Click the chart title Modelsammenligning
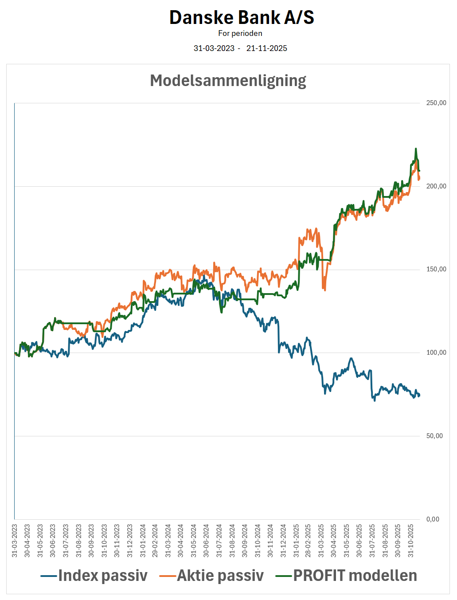click(x=228, y=81)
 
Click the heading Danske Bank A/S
click(x=242, y=18)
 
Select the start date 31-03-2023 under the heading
click(x=214, y=48)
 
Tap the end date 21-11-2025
click(x=267, y=48)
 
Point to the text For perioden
click(x=240, y=33)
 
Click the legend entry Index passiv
click(x=102, y=576)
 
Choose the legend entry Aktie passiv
click(x=220, y=576)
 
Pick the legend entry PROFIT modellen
click(x=355, y=576)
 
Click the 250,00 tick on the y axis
click(x=436, y=103)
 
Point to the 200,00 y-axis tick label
click(x=436, y=186)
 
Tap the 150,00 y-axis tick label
click(x=436, y=270)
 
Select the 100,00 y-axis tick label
click(x=436, y=353)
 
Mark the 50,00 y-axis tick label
click(x=434, y=436)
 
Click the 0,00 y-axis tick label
click(x=433, y=519)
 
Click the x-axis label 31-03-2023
click(x=15, y=541)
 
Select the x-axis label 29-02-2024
click(x=155, y=541)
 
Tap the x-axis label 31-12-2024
click(x=283, y=541)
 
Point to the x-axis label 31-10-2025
click(x=411, y=541)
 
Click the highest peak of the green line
click(x=416, y=149)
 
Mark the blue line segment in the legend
click(x=49, y=576)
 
